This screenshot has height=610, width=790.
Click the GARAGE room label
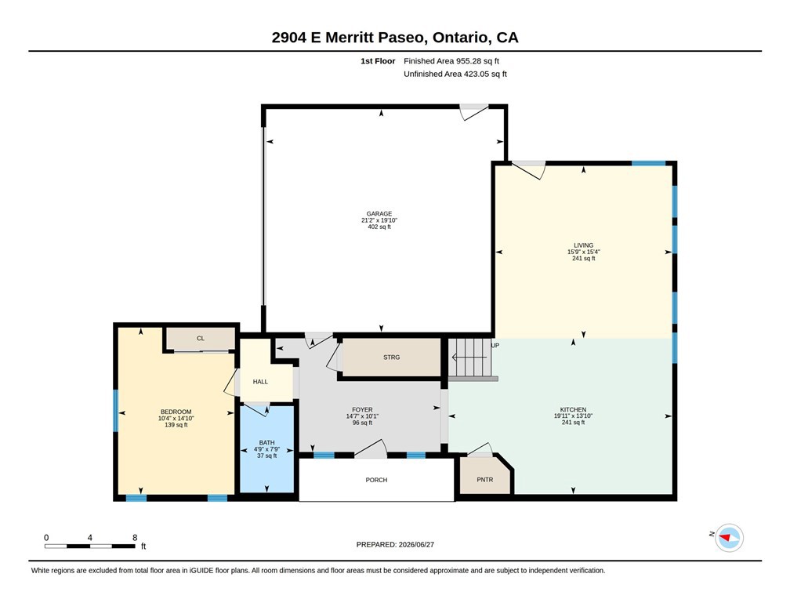379,214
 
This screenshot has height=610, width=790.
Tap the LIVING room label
583,245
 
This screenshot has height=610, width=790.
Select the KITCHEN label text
573,410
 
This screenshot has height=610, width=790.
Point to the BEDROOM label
176,412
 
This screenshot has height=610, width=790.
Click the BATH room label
266,443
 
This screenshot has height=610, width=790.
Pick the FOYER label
362,410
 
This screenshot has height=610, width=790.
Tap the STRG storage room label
392,358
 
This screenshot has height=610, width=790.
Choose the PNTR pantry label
484,480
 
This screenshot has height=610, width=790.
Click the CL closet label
201,338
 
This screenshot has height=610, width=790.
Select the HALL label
260,382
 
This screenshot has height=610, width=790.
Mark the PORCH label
376,480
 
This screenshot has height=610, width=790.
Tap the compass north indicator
729,537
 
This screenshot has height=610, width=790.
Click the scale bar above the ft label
89,546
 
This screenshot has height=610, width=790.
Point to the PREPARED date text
395,544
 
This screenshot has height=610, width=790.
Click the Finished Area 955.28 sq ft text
451,61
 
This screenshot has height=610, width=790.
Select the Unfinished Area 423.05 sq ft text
455,74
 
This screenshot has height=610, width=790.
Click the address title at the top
395,38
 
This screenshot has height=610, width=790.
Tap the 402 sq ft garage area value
379,227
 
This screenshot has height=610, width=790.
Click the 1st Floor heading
378,61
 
